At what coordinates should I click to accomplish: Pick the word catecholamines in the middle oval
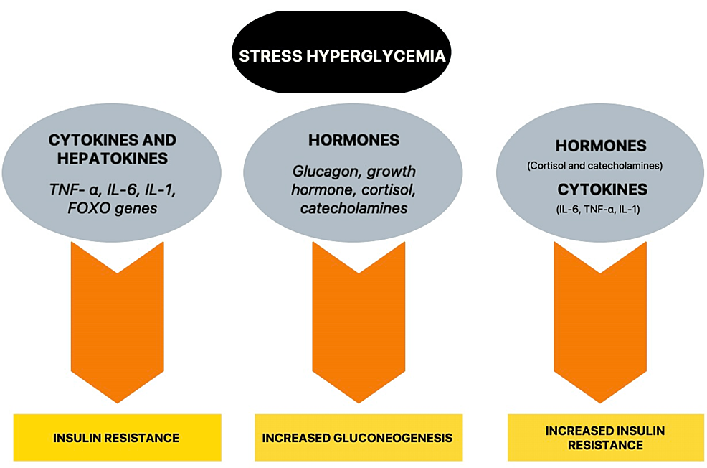[353, 208]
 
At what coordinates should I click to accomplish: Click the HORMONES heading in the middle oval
[353, 140]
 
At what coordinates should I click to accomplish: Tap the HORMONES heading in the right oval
[601, 146]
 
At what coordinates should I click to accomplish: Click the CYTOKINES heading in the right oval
[601, 190]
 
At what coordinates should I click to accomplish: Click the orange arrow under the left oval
[117, 323]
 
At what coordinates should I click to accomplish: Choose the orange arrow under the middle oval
[359, 323]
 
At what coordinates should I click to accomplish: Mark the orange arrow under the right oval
[601, 323]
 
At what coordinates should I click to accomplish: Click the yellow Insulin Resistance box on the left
[117, 437]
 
